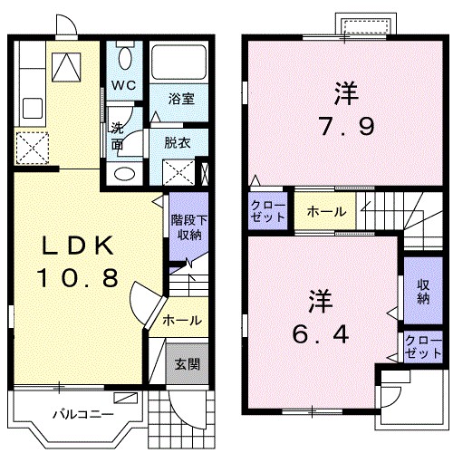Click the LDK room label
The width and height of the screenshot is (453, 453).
77,246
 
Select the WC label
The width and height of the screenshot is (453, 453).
124,85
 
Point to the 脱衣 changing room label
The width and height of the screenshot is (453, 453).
177,141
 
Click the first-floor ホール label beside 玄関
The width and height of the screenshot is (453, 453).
182,321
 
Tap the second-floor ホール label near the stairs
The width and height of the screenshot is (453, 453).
325,212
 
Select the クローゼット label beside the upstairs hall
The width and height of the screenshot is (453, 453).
268,212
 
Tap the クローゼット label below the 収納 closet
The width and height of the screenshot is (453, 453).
418,348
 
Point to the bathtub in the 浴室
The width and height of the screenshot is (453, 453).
179,62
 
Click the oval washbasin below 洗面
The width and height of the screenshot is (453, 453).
124,173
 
